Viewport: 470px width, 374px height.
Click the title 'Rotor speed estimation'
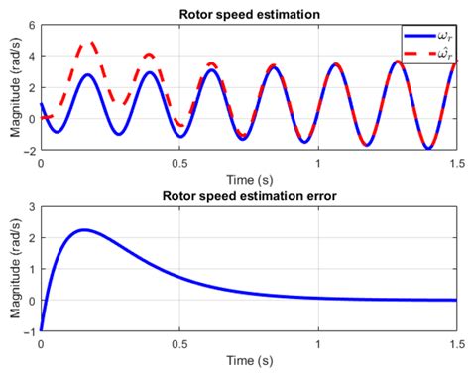click(247, 15)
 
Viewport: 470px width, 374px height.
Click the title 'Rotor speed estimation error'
click(247, 196)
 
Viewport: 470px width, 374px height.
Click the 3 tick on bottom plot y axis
click(32, 206)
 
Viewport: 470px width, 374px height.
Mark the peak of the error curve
click(83, 230)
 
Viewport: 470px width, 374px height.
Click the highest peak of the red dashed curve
click(90, 43)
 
